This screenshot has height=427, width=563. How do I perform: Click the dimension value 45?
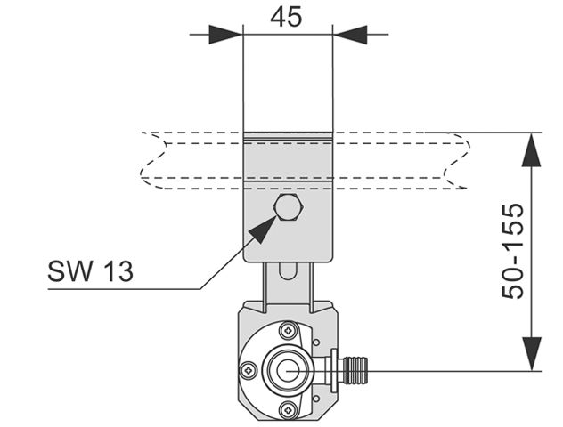(x=286, y=17)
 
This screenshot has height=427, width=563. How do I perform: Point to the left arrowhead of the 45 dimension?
(x=225, y=35)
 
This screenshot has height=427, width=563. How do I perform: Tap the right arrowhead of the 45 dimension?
(x=350, y=35)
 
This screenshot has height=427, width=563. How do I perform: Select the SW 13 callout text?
(x=91, y=271)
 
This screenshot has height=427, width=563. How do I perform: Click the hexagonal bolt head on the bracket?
(x=289, y=207)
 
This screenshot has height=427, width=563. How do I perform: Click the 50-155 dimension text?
(x=512, y=252)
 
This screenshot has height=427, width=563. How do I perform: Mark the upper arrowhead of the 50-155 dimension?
(x=531, y=149)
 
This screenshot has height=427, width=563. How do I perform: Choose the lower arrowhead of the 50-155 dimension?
(x=531, y=354)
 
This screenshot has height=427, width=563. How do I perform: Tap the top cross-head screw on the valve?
(x=289, y=331)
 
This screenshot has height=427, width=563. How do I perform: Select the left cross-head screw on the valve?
(x=249, y=370)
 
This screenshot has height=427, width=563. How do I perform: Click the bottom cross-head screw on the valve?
(x=289, y=408)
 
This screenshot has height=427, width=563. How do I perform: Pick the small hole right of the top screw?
(x=316, y=342)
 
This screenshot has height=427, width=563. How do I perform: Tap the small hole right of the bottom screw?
(x=316, y=399)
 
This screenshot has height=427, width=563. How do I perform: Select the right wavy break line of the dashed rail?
(x=457, y=160)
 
